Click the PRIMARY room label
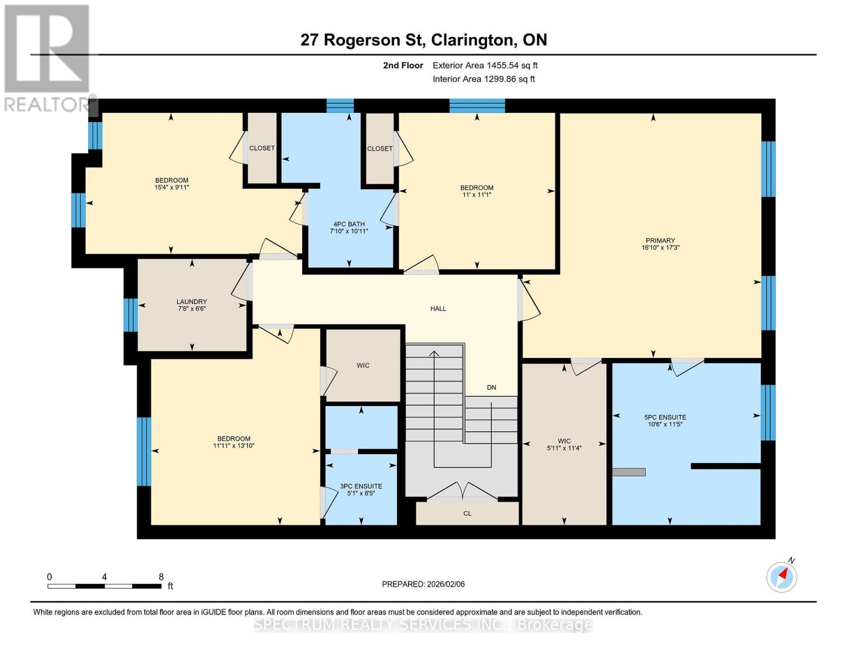coord(660,241)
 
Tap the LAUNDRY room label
coord(191,302)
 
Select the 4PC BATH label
coord(349,224)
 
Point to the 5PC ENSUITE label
coord(665,418)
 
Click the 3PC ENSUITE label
coord(361,486)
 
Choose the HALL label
coord(438,309)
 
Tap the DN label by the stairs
coord(491,388)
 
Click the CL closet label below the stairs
coord(467,514)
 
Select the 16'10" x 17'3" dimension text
coord(660,248)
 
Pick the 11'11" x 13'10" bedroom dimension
coord(234,446)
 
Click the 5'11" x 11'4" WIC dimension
coord(564,448)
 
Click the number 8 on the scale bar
coord(161,577)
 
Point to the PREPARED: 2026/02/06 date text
coord(423,585)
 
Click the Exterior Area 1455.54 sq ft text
coord(485,65)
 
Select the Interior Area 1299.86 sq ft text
coord(484,79)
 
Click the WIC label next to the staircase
coord(363,366)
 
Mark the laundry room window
coord(130,315)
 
